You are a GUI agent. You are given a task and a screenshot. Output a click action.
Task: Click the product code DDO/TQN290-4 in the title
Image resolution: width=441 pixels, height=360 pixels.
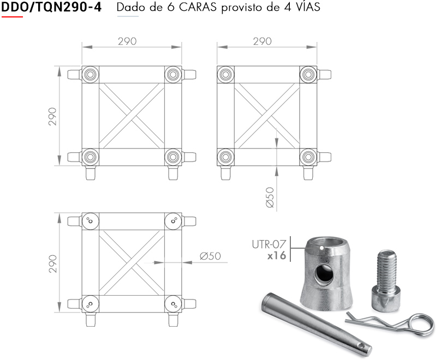pyautogui.click(x=51, y=7)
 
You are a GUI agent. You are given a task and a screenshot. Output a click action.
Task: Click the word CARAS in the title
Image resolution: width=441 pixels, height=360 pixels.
pyautogui.click(x=198, y=7)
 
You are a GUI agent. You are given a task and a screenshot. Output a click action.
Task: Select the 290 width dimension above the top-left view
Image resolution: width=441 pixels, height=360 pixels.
pyautogui.click(x=127, y=41)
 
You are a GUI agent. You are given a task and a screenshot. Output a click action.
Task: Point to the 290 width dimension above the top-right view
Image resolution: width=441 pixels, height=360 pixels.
pyautogui.click(x=262, y=41)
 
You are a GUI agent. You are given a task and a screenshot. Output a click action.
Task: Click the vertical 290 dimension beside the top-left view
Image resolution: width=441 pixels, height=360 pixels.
pyautogui.click(x=52, y=116)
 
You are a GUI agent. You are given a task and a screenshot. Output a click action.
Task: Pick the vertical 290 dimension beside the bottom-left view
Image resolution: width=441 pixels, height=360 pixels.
pyautogui.click(x=52, y=263)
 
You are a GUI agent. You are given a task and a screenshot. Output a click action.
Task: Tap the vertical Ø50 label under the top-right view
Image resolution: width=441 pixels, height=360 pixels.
pyautogui.click(x=270, y=197)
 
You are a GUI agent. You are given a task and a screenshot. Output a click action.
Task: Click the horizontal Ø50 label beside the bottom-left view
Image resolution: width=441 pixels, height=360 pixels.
pyautogui.click(x=210, y=256)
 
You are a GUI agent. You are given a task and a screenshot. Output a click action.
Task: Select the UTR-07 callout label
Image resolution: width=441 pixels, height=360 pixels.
pyautogui.click(x=269, y=244)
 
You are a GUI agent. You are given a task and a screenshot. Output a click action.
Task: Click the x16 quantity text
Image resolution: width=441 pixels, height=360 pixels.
pyautogui.click(x=277, y=256)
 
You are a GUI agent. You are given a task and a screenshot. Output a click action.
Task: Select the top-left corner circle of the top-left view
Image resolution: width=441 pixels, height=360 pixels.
pyautogui.click(x=90, y=75)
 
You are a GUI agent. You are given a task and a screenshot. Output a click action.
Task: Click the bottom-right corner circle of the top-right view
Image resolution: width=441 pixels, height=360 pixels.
pyautogui.click(x=308, y=157)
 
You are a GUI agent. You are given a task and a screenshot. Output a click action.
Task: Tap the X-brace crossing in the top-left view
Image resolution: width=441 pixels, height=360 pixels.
pyautogui.click(x=132, y=116)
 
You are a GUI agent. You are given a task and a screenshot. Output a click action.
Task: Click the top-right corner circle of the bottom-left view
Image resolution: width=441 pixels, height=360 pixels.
pyautogui.click(x=173, y=221)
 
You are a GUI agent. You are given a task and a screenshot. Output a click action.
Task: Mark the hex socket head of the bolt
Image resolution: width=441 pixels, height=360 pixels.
pyautogui.click(x=385, y=301)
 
